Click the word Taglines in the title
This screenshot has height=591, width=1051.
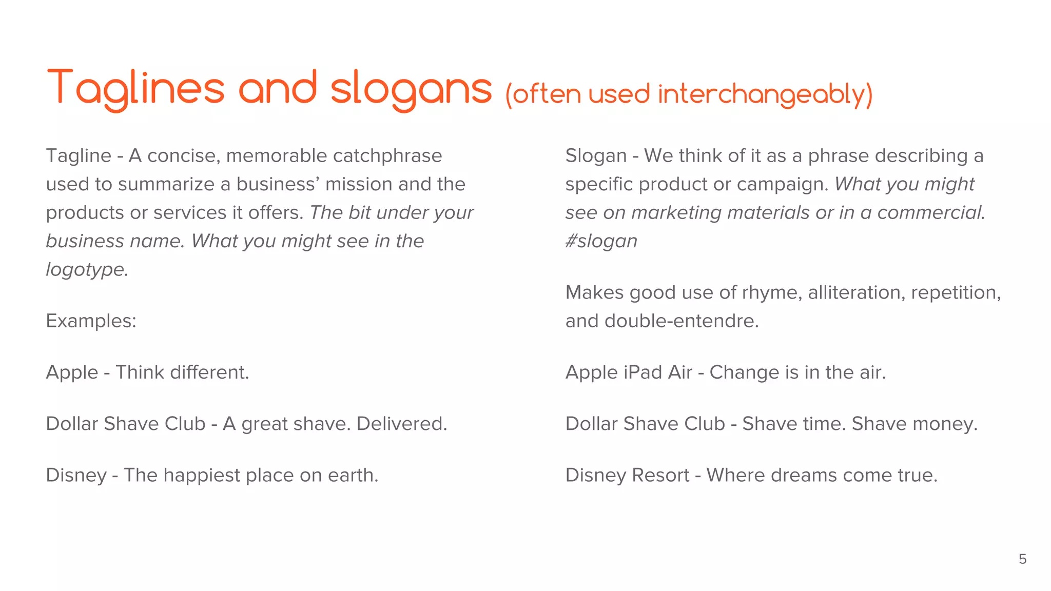pyautogui.click(x=136, y=88)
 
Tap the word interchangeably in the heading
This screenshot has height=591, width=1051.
pyautogui.click(x=765, y=94)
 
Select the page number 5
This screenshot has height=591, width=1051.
pyautogui.click(x=1022, y=559)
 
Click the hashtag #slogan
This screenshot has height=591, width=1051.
pyautogui.click(x=601, y=241)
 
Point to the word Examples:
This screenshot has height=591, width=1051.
pyautogui.click(x=91, y=321)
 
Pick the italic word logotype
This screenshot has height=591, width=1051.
pyautogui.click(x=87, y=269)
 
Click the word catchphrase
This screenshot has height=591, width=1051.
pyautogui.click(x=385, y=155)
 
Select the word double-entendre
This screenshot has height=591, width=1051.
pyautogui.click(x=681, y=321)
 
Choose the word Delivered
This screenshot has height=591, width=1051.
pyautogui.click(x=402, y=424)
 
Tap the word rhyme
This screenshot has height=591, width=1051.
pyautogui.click(x=772, y=292)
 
